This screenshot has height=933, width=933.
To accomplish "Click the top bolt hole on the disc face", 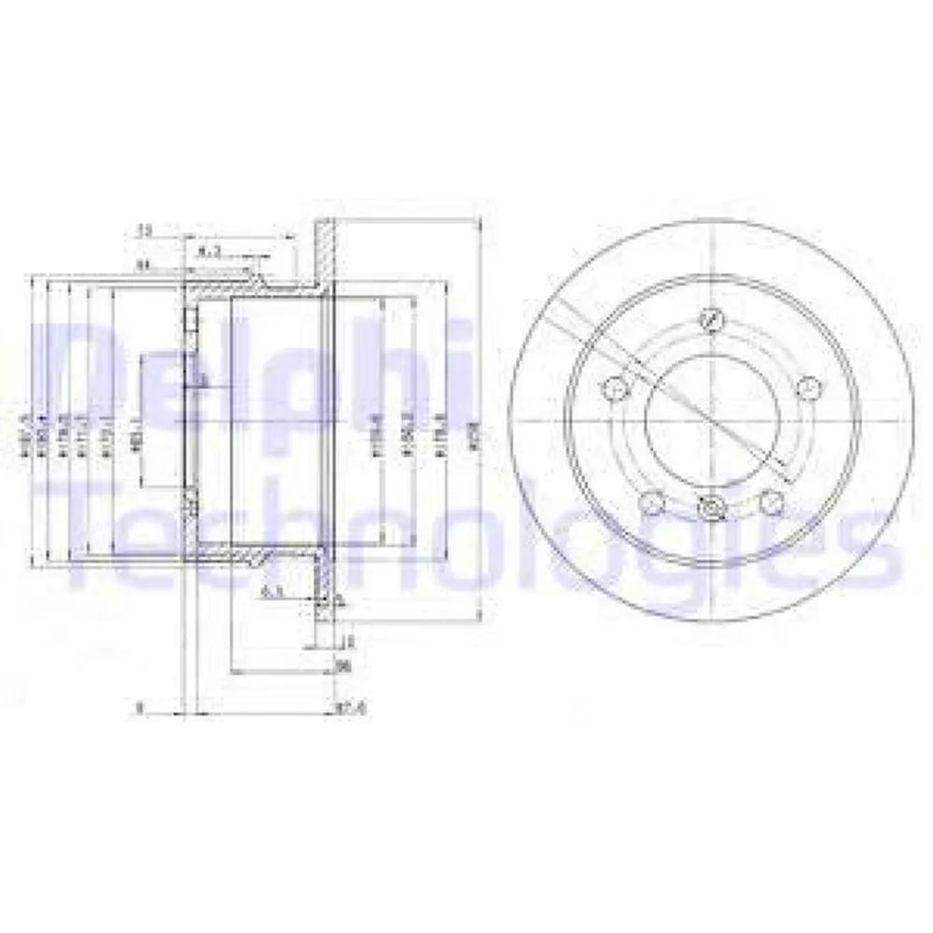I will [x=712, y=320].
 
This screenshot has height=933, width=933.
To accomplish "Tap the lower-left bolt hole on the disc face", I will [x=652, y=504].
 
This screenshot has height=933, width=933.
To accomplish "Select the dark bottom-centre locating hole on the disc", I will [x=711, y=508].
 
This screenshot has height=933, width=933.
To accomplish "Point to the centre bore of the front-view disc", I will [x=711, y=419].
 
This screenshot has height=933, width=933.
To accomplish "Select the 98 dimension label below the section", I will [x=341, y=666].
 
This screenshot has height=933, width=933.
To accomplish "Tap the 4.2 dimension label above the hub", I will [x=210, y=251].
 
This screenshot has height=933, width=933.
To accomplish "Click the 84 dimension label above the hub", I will [x=143, y=266].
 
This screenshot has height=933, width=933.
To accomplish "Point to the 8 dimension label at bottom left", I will [x=138, y=709].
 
